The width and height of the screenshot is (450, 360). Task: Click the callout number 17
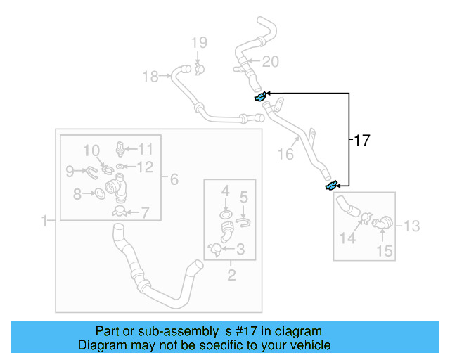361,141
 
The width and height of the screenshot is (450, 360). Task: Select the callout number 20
270,62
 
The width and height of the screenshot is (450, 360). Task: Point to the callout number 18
150,77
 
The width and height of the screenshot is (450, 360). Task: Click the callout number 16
285,153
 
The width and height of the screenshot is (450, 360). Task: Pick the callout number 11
145,148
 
